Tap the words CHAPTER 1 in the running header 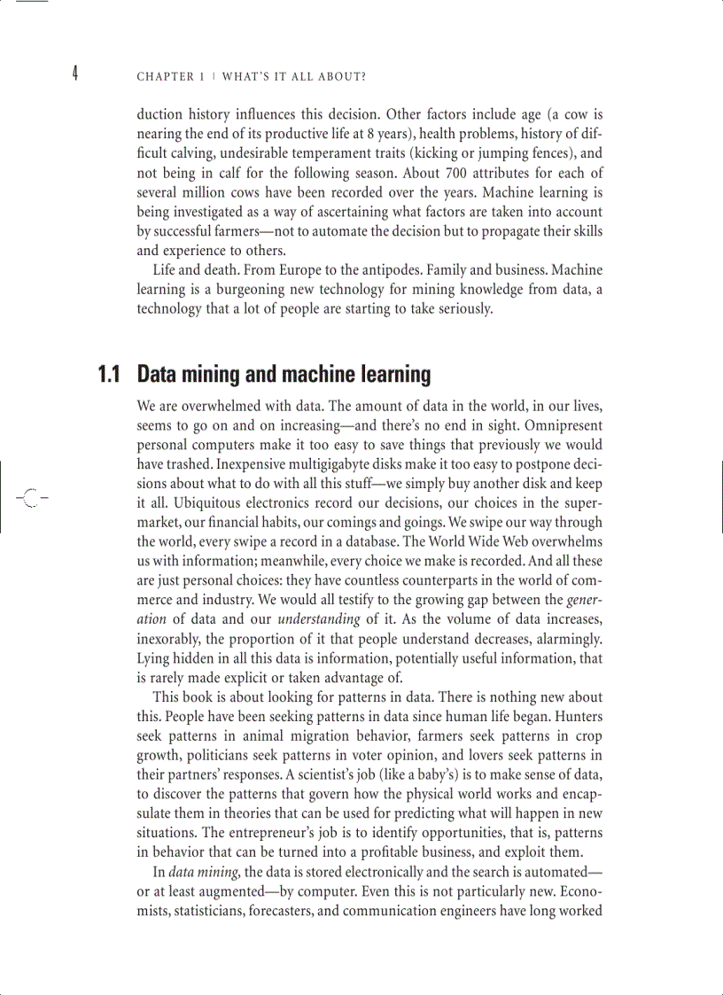click(x=165, y=77)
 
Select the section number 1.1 click(x=109, y=375)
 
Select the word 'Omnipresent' click(x=563, y=425)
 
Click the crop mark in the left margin click(x=29, y=497)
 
